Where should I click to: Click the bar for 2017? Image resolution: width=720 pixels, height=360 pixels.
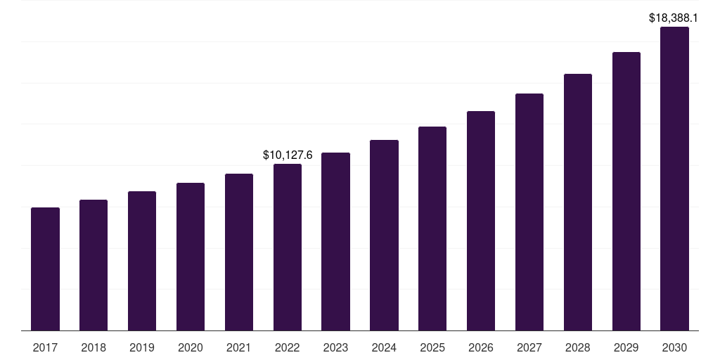tap(45, 269)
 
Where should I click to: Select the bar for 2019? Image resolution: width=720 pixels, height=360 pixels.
tap(142, 261)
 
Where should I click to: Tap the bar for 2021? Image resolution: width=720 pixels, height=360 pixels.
tap(239, 252)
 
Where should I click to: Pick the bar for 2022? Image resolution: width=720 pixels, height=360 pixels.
tap(288, 247)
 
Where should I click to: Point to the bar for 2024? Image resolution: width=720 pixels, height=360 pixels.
tap(384, 235)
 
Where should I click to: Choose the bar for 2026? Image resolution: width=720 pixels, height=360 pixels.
tap(481, 221)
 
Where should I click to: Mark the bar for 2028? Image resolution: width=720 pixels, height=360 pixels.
tap(578, 202)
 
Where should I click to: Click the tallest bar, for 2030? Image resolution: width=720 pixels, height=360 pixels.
tap(674, 179)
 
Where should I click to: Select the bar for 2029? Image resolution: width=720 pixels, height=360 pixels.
tap(626, 191)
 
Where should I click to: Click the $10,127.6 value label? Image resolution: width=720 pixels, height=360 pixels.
tap(288, 155)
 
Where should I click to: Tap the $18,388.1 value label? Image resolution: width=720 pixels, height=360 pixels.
tap(674, 18)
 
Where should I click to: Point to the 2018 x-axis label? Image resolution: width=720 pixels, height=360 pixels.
tap(94, 347)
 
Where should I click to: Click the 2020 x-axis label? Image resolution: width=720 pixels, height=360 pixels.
tap(191, 347)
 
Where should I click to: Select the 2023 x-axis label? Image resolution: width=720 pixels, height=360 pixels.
tap(335, 347)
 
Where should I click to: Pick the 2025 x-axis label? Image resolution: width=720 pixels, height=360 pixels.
tap(432, 347)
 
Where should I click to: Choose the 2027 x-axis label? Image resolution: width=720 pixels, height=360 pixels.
tap(529, 347)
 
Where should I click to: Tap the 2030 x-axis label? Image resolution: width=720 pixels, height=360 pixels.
tap(674, 347)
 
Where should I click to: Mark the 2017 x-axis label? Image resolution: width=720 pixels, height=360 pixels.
tap(45, 347)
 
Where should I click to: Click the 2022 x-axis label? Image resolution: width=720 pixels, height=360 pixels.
tap(288, 347)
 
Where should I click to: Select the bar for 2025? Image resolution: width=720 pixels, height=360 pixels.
tap(432, 229)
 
